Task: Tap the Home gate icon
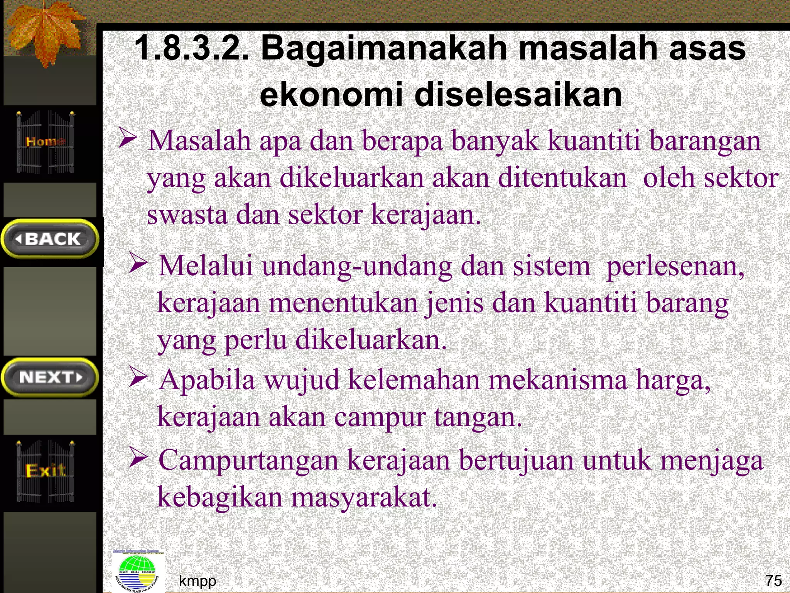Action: point(46,142)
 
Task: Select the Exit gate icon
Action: point(46,471)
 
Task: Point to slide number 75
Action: point(773,580)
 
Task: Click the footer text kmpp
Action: point(197,580)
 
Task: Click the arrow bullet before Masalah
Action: point(128,139)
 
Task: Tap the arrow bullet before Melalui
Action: point(138,263)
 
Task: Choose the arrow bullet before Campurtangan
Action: point(138,457)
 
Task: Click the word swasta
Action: point(187,215)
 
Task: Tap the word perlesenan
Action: point(675,266)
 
